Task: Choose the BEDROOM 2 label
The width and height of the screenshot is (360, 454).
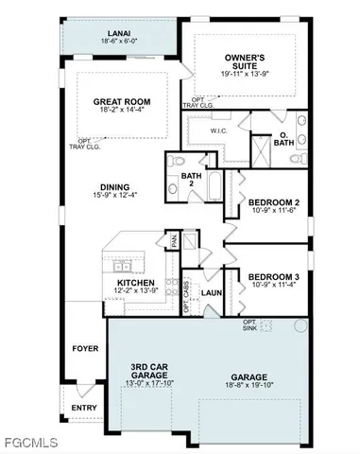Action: pos(273,202)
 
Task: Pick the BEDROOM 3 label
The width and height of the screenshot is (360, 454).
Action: pos(273,277)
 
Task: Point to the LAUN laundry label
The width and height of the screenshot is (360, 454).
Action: pos(211,293)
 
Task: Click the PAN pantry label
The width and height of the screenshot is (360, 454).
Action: pos(173,241)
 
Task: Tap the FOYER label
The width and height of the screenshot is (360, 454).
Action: pos(85,348)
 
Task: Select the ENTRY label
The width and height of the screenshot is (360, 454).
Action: pos(85,408)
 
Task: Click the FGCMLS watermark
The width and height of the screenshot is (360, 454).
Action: pos(29,443)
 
